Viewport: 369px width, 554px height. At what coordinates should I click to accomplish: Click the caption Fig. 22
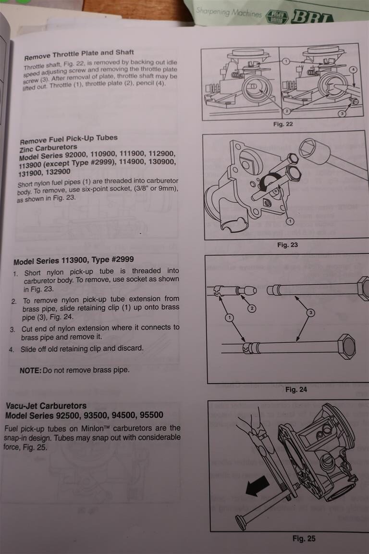pyautogui.click(x=283, y=124)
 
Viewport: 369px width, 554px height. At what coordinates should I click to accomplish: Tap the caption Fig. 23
pyautogui.click(x=287, y=245)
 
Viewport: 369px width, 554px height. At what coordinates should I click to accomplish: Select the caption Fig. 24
pyautogui.click(x=296, y=390)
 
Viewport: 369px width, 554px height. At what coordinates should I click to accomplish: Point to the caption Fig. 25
pyautogui.click(x=304, y=539)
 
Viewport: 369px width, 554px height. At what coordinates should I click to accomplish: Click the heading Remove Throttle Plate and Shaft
pyautogui.click(x=79, y=54)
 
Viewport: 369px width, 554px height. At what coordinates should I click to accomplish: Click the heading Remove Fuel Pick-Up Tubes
pyautogui.click(x=69, y=139)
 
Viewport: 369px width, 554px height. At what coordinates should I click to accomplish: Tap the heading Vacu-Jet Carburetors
pyautogui.click(x=46, y=405)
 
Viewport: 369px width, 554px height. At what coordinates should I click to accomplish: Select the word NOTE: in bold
pyautogui.click(x=30, y=370)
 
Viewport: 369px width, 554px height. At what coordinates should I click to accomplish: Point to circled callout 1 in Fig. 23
pyautogui.click(x=290, y=222)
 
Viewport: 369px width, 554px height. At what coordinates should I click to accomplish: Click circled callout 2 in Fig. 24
pyautogui.click(x=252, y=308)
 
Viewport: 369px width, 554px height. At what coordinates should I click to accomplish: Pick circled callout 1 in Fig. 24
pyautogui.click(x=230, y=317)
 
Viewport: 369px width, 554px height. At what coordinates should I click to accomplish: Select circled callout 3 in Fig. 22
pyautogui.click(x=342, y=113)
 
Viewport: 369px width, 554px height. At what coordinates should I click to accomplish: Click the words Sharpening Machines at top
pyautogui.click(x=229, y=13)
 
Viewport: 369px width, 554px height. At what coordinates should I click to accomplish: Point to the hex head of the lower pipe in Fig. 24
pyautogui.click(x=346, y=347)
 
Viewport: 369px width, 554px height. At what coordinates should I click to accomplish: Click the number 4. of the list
pyautogui.click(x=12, y=350)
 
